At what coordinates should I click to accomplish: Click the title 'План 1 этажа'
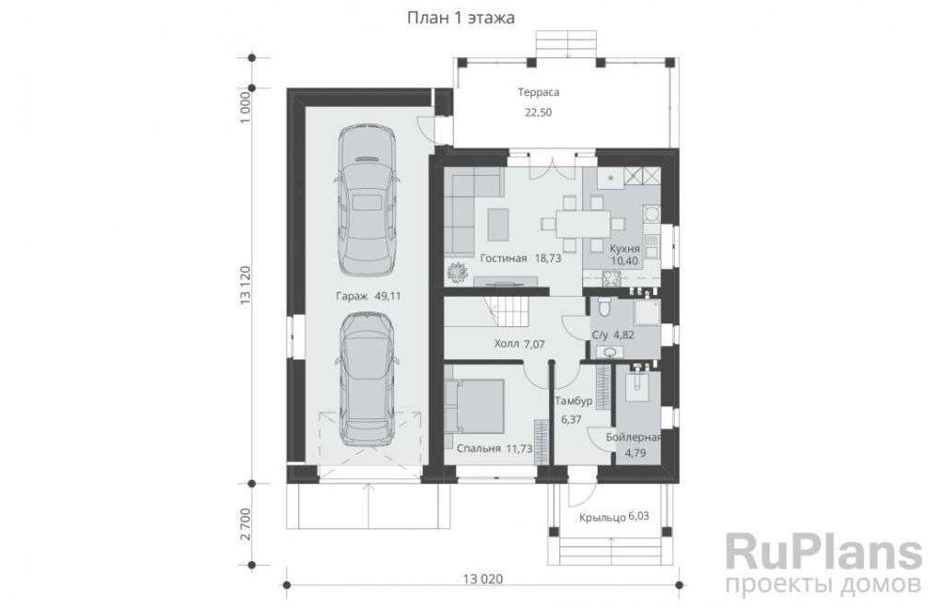point(461,18)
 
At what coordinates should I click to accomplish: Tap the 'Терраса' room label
point(539,92)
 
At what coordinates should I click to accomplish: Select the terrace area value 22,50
point(538,112)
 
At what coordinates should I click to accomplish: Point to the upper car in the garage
point(367,200)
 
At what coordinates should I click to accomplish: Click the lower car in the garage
point(367,381)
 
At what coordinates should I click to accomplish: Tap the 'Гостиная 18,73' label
point(521,258)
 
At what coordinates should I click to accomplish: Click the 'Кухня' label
point(625,249)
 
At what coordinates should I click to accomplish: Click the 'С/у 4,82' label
point(613,335)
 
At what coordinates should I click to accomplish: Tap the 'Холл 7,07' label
point(519,345)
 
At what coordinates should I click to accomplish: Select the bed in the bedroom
point(475,405)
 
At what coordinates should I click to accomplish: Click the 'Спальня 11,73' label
point(495,449)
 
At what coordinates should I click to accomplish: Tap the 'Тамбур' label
point(573,401)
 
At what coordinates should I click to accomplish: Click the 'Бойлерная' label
point(634,438)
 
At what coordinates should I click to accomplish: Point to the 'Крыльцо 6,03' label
point(614,517)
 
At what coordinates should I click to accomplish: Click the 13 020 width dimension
point(483,579)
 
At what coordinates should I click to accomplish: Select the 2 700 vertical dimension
point(245,525)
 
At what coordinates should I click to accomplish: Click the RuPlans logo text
point(824,552)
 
